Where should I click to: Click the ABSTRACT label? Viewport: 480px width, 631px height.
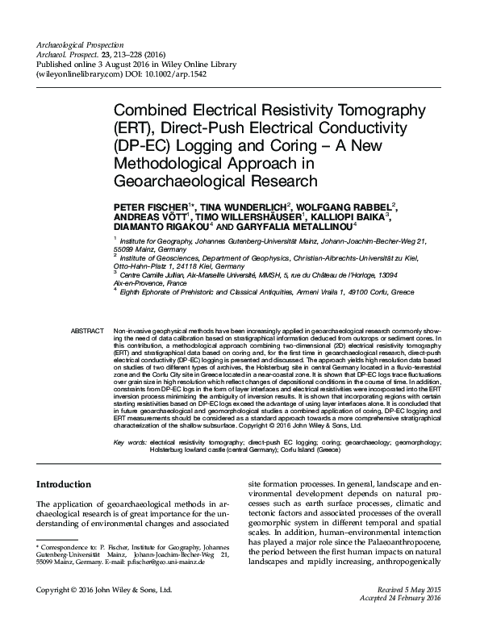coord(87,332)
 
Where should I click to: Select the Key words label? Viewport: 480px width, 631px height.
coord(130,442)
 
